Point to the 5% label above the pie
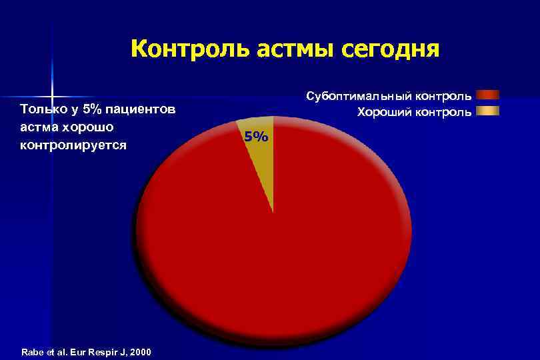tap(256, 137)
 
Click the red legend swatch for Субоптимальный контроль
tap(487, 95)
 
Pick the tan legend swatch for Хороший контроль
tap(487, 111)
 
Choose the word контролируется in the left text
tap(73, 145)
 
